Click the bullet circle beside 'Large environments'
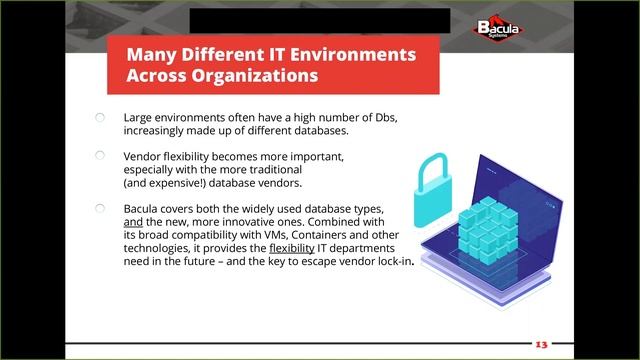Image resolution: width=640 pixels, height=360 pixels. coord(100,117)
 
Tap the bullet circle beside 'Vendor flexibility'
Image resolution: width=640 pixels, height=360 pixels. coord(100,156)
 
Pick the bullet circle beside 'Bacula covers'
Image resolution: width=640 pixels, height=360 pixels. coord(100,208)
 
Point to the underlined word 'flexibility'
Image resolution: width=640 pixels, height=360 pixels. coord(292,247)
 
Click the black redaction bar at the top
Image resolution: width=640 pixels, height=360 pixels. coord(319,20)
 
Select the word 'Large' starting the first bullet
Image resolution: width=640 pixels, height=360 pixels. coord(140,117)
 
